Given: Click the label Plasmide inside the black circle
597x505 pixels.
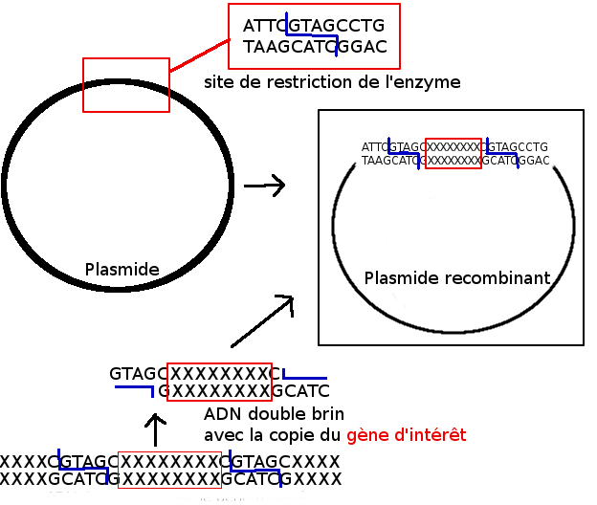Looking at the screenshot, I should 122,269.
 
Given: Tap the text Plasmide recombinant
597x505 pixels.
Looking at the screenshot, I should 457,278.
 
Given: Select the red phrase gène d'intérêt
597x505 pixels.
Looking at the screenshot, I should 407,435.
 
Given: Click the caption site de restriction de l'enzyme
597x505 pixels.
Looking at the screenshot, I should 332,82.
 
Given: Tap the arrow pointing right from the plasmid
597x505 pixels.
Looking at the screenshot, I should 266,186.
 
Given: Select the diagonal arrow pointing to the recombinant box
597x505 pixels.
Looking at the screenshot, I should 263,321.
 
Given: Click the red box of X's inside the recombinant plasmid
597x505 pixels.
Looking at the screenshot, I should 453,154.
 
